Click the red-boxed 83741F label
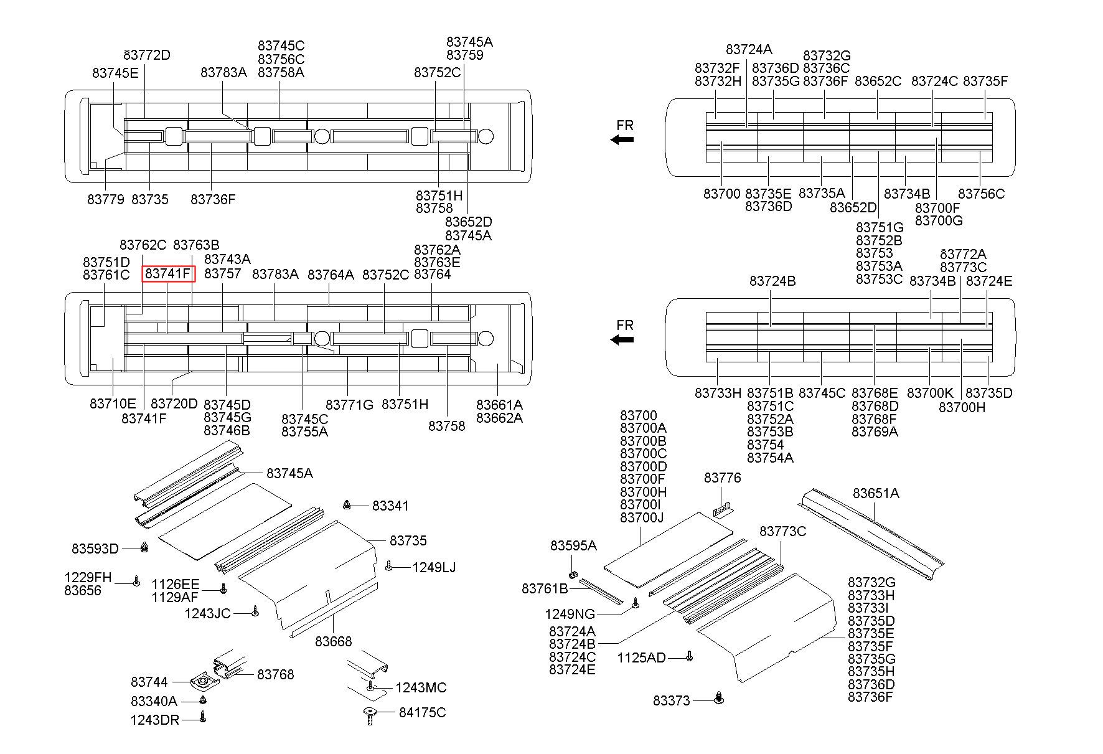168,274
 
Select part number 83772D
147,55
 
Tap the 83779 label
106,199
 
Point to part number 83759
465,55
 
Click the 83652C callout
878,81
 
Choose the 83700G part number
939,220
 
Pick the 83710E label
113,403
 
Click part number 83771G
349,405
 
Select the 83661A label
499,405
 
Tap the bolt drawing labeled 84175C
370,716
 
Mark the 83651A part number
876,493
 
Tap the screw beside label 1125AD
689,656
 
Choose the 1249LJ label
433,567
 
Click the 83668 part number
333,641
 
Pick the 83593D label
95,549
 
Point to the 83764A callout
331,275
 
